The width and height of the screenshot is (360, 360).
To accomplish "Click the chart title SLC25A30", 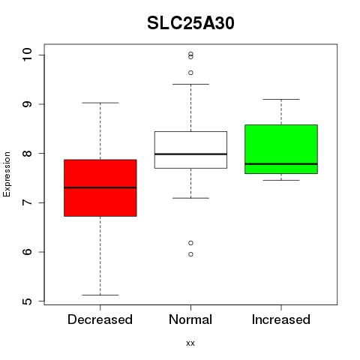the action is click(190, 23).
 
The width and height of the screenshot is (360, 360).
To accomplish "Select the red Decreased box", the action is click(100, 187).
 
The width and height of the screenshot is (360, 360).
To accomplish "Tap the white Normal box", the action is click(190, 150).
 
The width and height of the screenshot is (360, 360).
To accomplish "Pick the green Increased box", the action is click(281, 149).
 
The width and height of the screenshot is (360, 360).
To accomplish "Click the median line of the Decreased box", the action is click(100, 187).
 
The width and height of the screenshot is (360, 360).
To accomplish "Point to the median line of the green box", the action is click(281, 164).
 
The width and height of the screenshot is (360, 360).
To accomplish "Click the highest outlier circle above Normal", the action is click(190, 54).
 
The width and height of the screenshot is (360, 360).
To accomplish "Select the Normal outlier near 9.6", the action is click(190, 73).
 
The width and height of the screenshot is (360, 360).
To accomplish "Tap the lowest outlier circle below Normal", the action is click(190, 254).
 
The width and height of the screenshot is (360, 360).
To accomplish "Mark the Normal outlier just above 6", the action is click(190, 243).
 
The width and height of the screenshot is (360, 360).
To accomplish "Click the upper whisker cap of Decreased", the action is click(100, 103).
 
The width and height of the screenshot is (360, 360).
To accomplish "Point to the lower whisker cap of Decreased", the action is click(100, 295).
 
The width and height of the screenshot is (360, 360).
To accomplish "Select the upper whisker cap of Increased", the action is click(281, 99).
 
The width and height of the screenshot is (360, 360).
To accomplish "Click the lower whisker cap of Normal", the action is click(190, 198).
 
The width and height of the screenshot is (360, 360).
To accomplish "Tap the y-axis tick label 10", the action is click(28, 54).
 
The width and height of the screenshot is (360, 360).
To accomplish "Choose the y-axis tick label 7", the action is click(28, 202).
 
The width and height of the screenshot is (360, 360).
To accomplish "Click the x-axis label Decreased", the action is click(100, 319).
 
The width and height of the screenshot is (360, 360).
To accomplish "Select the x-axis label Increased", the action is click(281, 319).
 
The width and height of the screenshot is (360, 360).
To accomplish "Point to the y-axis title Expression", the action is click(7, 174).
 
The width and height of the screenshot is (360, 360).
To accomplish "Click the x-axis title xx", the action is click(190, 343).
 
